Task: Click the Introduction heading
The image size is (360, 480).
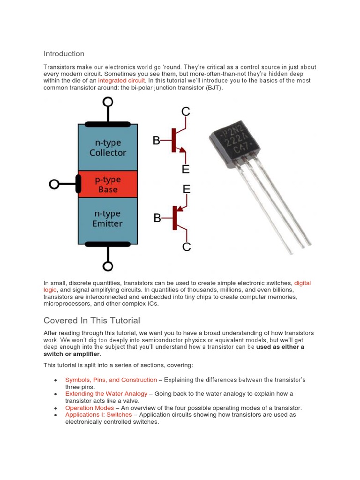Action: (64, 54)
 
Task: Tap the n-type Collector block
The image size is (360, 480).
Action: (108, 148)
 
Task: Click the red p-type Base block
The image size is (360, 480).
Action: (108, 184)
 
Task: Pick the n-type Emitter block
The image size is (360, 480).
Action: (108, 219)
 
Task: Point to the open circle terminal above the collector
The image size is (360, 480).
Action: (108, 102)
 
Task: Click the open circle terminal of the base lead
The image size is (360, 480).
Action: (54, 184)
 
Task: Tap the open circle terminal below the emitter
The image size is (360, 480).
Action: (108, 266)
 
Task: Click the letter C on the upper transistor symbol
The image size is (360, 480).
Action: (186, 112)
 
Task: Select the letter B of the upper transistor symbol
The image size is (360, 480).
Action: (157, 140)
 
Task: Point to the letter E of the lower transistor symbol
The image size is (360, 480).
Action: (186, 189)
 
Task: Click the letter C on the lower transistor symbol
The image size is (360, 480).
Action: (186, 247)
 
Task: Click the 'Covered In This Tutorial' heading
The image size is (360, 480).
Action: (91, 321)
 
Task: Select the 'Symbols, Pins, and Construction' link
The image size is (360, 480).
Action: (111, 380)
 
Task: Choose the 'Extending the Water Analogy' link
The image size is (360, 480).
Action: (106, 394)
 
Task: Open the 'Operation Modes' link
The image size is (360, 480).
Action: (89, 408)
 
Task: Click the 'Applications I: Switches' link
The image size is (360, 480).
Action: (98, 415)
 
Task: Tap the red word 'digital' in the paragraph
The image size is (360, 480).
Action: (302, 283)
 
